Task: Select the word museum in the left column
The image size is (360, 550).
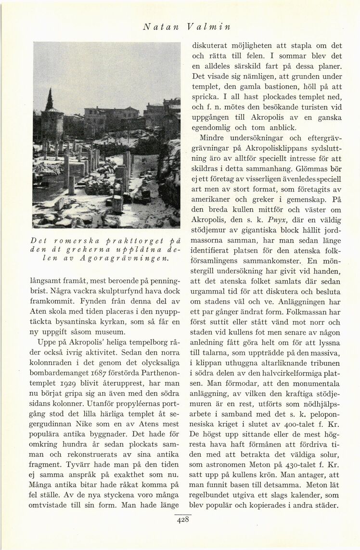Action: point(112,332)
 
